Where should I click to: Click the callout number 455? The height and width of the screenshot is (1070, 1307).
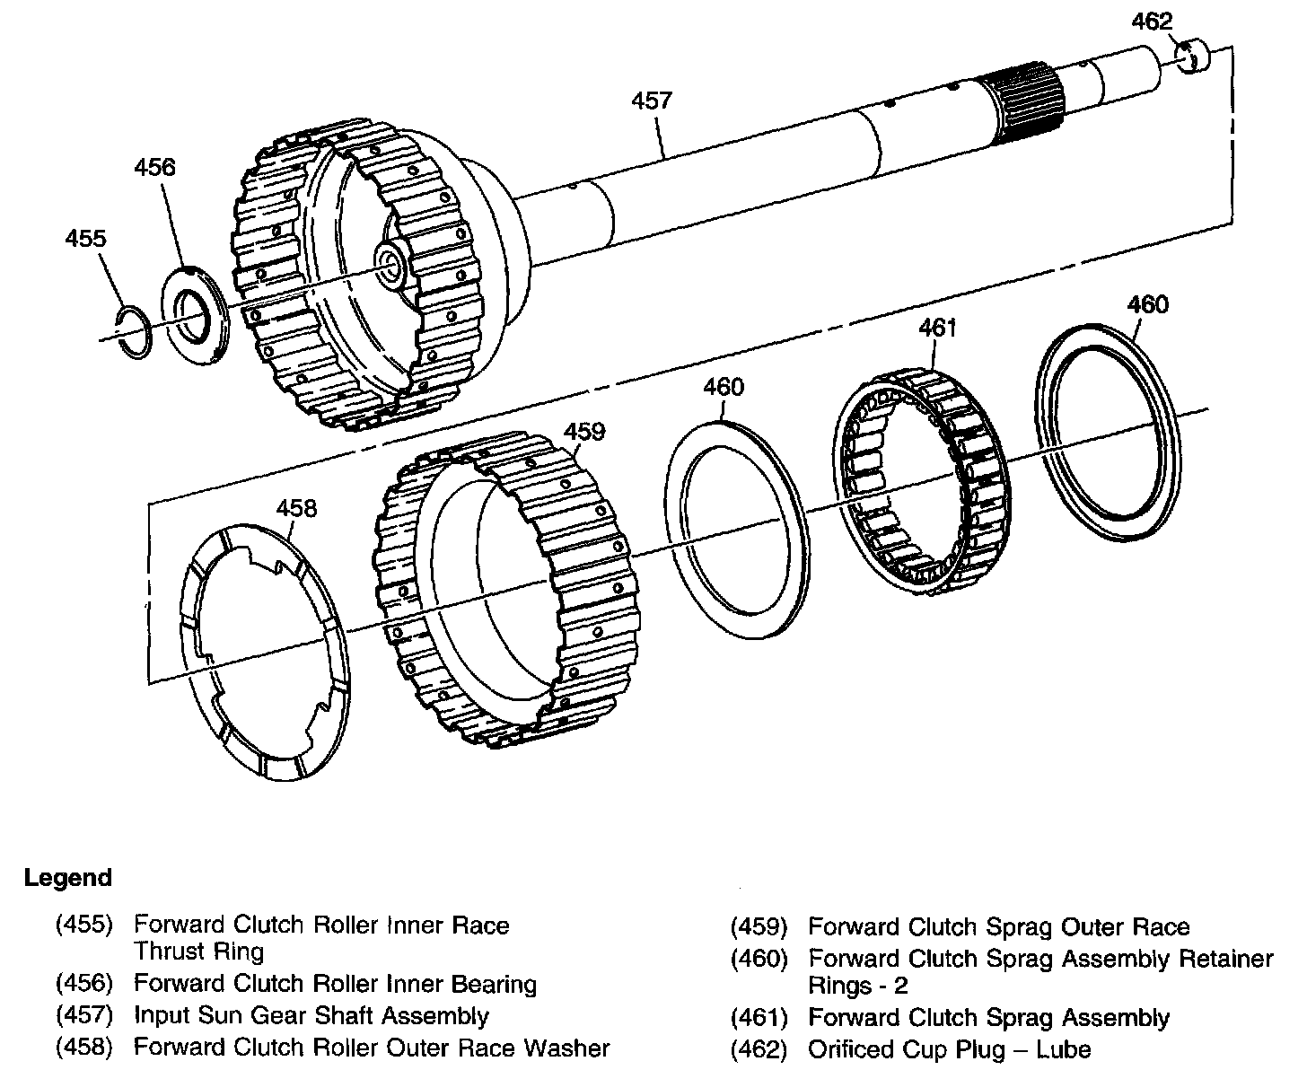pos(85,239)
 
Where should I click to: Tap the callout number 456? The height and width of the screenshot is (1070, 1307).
pos(155,168)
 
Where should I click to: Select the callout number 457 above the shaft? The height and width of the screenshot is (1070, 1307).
pos(651,100)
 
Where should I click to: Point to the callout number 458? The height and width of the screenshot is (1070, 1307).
pos(296,509)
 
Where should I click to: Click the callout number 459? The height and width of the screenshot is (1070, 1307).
pos(584,432)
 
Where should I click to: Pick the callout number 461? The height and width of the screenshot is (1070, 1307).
pos(937,328)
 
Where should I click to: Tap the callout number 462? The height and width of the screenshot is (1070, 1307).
pos(1152,22)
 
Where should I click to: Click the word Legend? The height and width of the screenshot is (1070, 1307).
pos(68,878)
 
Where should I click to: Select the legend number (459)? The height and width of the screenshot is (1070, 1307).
pos(759,926)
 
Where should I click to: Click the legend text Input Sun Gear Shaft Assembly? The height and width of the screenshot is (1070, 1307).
pos(311,1016)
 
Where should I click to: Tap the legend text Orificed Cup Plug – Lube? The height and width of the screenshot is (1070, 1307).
pos(950,1049)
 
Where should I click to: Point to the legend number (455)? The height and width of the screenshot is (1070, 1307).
pos(84,925)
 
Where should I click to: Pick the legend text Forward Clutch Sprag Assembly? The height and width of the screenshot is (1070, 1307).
pos(988,1018)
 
